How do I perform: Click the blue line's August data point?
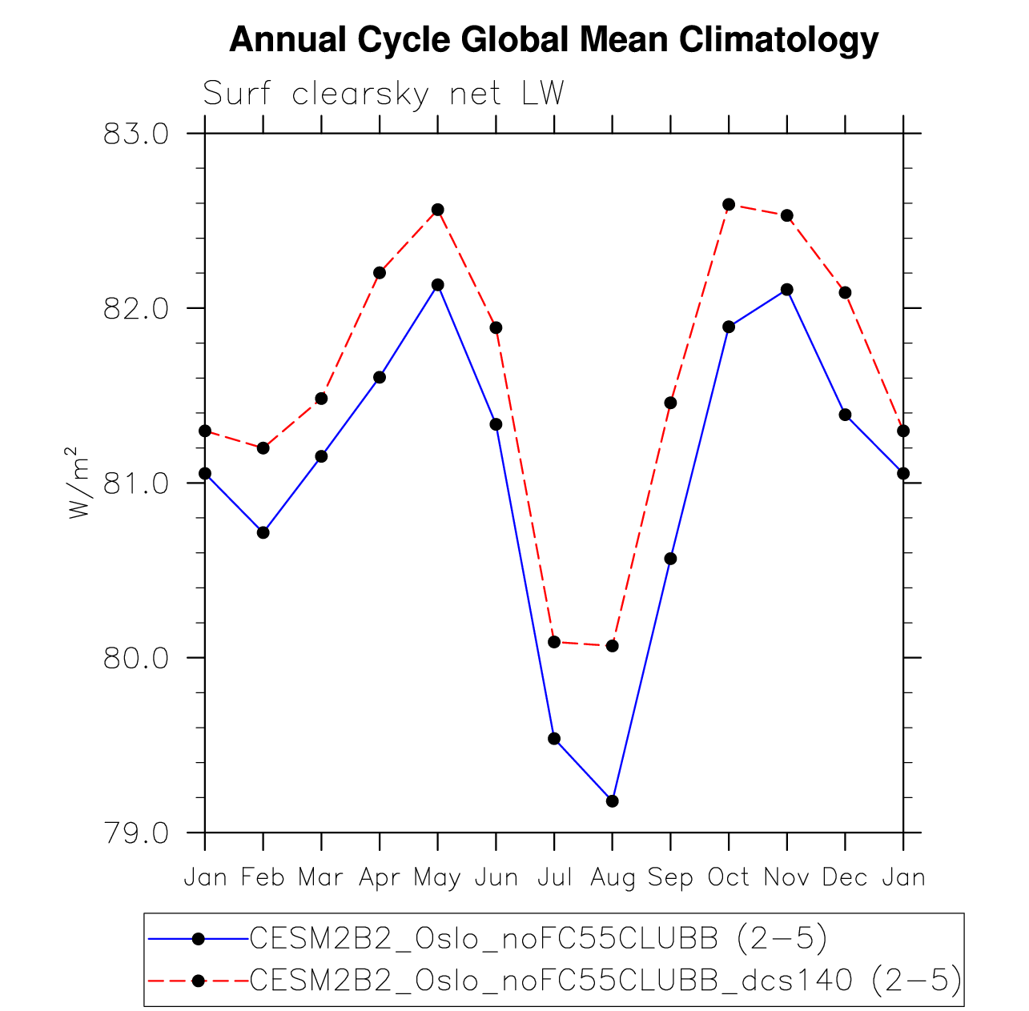[x=612, y=800]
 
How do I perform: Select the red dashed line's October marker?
[x=729, y=204]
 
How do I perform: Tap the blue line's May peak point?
[x=437, y=285]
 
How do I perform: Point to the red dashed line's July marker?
[x=554, y=641]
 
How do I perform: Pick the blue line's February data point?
[x=263, y=532]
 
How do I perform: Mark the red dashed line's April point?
[x=380, y=273]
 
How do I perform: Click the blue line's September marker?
[x=670, y=558]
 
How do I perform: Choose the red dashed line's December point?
[x=845, y=292]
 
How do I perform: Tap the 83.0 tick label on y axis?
[x=136, y=133]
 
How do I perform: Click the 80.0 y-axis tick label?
[x=136, y=658]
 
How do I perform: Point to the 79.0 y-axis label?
[x=136, y=833]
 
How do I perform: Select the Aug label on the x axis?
[x=612, y=878]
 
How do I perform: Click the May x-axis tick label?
[x=437, y=878]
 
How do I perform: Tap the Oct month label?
[x=729, y=878]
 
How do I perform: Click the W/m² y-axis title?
[x=80, y=483]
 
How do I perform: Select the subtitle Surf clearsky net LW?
[x=384, y=94]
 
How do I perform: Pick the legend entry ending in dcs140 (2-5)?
[x=605, y=979]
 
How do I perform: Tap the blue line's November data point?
[x=786, y=290]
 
